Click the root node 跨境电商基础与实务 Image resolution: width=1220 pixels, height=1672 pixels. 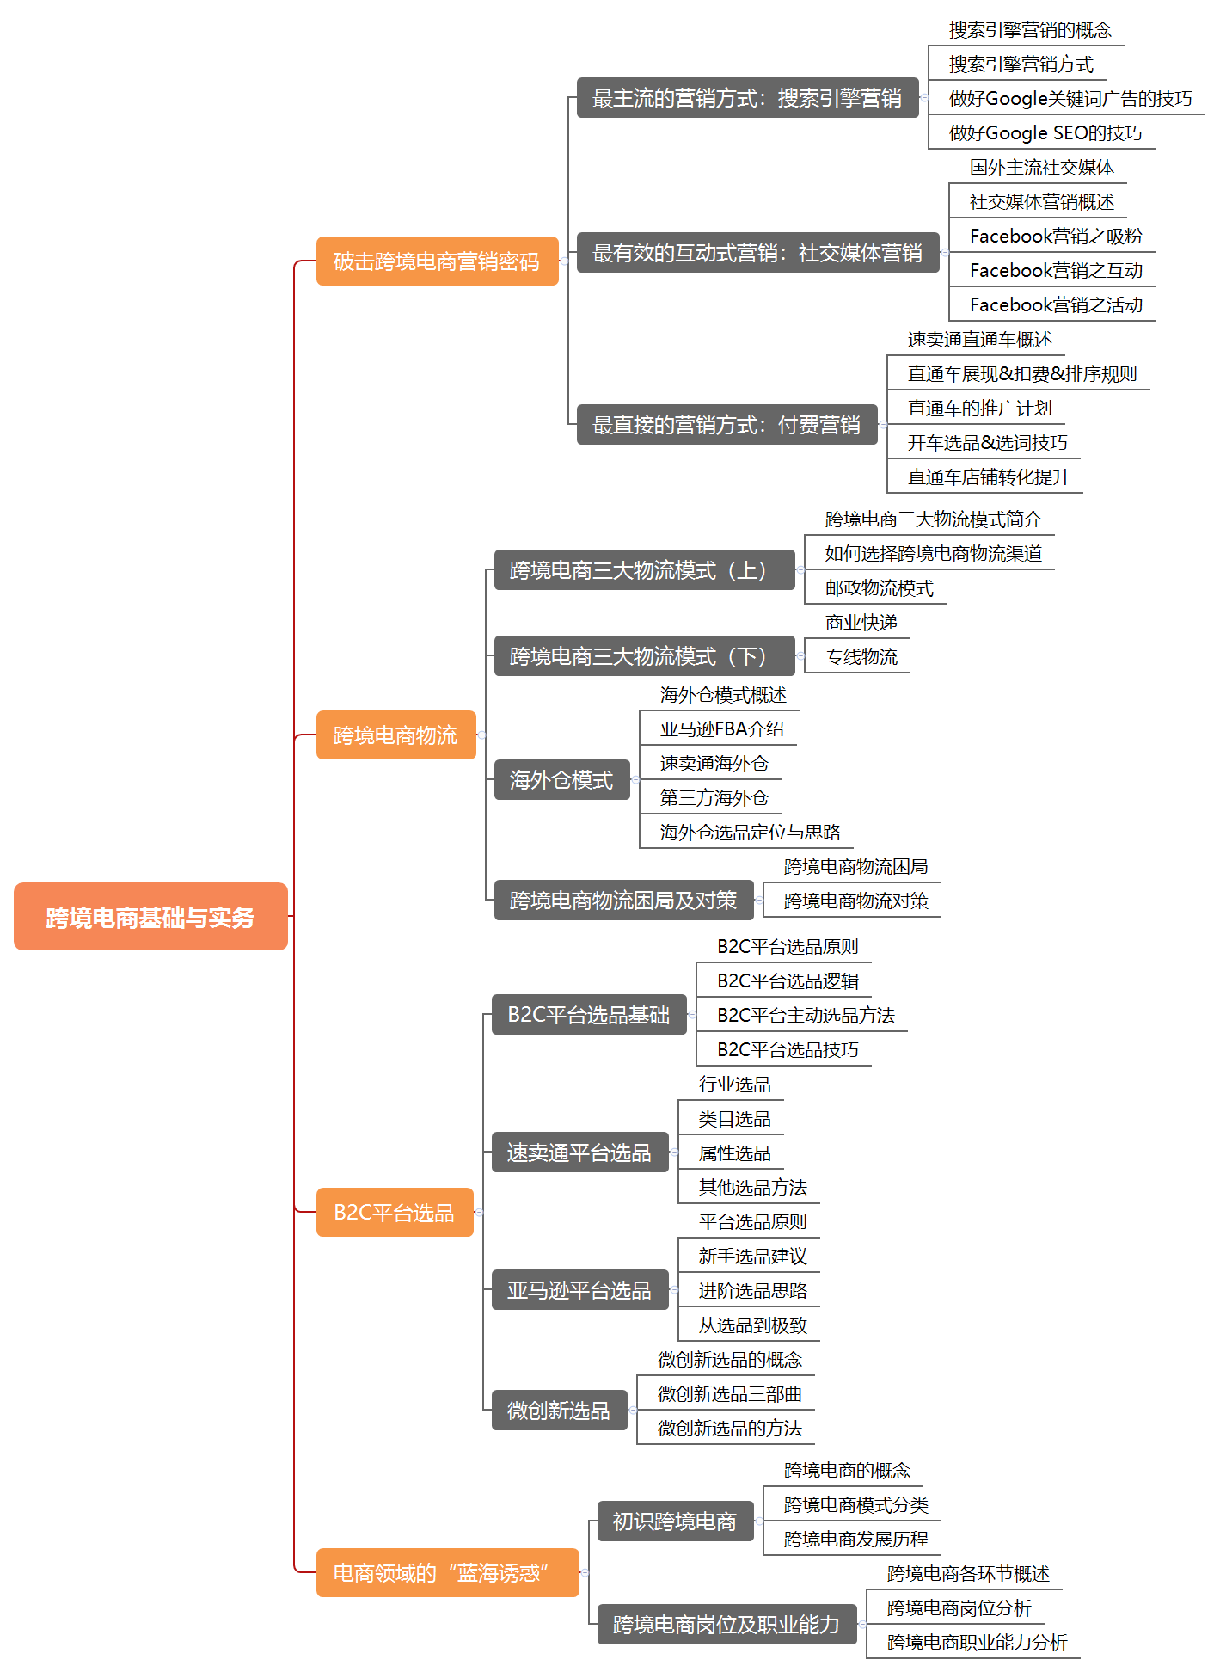click(150, 917)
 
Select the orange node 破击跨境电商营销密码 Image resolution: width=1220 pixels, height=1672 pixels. click(437, 261)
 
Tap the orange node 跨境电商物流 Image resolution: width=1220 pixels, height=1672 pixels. click(395, 735)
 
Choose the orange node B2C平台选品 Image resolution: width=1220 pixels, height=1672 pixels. click(395, 1212)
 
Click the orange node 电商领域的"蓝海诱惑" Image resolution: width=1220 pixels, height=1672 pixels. click(447, 1572)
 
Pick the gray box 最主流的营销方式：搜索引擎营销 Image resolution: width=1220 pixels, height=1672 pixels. click(747, 98)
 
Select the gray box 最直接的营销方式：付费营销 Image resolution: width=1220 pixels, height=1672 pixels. click(726, 425)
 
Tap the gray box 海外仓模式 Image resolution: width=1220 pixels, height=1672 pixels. click(561, 780)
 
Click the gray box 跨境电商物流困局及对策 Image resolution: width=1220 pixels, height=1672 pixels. click(623, 901)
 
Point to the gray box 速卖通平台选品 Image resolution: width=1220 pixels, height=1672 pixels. click(579, 1153)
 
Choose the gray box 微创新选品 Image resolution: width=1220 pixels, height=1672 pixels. click(559, 1411)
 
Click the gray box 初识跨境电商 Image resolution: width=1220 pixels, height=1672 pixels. click(675, 1521)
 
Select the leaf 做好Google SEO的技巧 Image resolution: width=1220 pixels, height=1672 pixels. click(1045, 133)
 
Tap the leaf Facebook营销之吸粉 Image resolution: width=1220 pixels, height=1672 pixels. click(1056, 237)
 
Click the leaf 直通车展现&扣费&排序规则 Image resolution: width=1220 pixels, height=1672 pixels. click(1022, 374)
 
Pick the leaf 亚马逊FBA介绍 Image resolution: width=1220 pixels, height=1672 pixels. click(721, 729)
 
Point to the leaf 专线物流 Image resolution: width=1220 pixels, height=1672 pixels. click(861, 657)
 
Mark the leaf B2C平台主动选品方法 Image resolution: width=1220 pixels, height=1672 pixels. click(806, 1016)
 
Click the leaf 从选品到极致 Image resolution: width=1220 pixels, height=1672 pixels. click(752, 1325)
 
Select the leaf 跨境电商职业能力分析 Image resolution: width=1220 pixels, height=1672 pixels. click(977, 1643)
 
